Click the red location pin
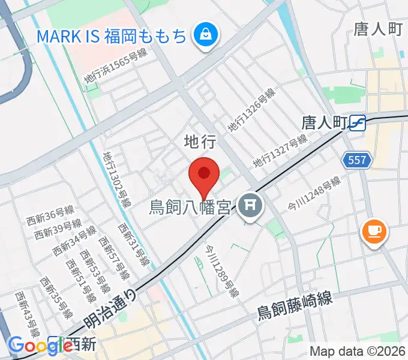pyautogui.click(x=203, y=175)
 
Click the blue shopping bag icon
pyautogui.click(x=205, y=35)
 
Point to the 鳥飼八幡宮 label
pyautogui.click(x=190, y=208)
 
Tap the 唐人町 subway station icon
pyautogui.click(x=359, y=122)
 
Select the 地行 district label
pyautogui.click(x=199, y=141)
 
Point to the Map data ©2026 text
pyautogui.click(x=357, y=352)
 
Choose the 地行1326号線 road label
pyautogui.click(x=251, y=110)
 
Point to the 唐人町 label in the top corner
pyautogui.click(x=377, y=29)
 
